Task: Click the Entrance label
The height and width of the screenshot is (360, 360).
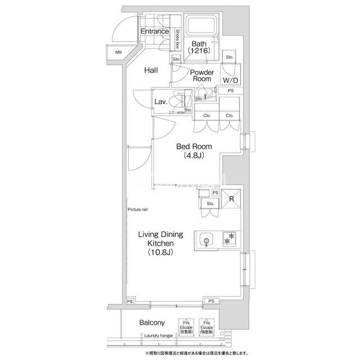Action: pos(154,31)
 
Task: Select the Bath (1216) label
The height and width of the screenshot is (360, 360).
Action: pos(199,47)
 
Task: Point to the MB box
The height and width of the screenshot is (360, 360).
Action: pos(119,53)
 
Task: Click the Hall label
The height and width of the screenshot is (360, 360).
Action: pos(150,70)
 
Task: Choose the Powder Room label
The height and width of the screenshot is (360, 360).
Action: pos(201,76)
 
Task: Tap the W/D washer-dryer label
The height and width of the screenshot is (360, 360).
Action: pos(229,79)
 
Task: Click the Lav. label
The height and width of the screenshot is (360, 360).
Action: pos(160,102)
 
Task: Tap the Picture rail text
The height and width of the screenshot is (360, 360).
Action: pos(138,209)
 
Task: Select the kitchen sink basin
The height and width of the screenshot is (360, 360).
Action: pos(206,240)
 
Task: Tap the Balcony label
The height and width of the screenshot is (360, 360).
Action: pos(152,323)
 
